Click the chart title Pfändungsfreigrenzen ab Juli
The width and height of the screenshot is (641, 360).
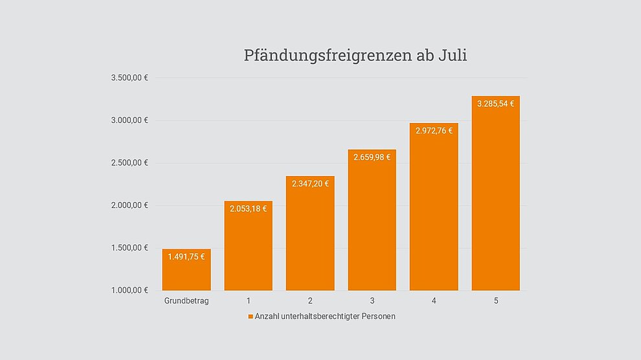click(x=355, y=55)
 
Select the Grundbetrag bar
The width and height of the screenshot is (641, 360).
click(x=186, y=275)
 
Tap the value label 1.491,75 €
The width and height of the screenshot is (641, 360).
click(x=186, y=256)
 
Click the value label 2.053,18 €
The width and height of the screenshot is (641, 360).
click(x=248, y=208)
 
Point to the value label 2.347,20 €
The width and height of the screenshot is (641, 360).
click(x=310, y=183)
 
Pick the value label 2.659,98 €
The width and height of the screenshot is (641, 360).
click(x=372, y=157)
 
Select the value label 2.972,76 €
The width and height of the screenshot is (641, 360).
click(x=434, y=130)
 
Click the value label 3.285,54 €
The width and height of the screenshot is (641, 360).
click(x=495, y=104)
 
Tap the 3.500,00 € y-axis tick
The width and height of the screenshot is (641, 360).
click(x=129, y=78)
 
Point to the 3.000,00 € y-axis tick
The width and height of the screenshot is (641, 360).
click(x=129, y=120)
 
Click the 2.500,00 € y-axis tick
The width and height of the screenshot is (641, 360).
click(x=129, y=163)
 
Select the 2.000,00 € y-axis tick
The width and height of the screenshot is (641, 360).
click(x=129, y=205)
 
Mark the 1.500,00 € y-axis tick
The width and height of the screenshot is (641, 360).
click(x=129, y=248)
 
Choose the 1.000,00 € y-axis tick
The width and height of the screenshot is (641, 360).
click(x=129, y=290)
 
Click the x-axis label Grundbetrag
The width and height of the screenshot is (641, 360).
click(x=186, y=301)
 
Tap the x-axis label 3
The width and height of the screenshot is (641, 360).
click(x=372, y=301)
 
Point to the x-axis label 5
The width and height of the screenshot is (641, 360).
click(x=496, y=301)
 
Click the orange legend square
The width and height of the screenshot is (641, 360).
click(x=251, y=317)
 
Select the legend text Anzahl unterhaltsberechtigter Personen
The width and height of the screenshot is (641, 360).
click(x=325, y=317)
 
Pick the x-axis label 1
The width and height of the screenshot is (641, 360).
click(x=249, y=301)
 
